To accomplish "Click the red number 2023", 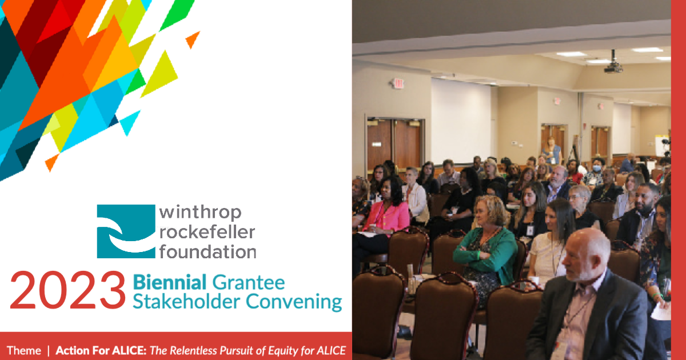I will tap(67, 290).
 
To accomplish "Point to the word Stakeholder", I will tap(184, 302).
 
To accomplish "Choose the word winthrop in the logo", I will tap(200, 213).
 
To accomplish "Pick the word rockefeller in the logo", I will tap(208, 231).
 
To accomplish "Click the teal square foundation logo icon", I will tap(126, 231).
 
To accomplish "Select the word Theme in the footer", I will tap(24, 350).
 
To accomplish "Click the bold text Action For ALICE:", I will tap(101, 350).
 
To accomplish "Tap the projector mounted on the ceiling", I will tap(613, 66).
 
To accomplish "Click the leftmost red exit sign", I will tap(398, 83).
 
